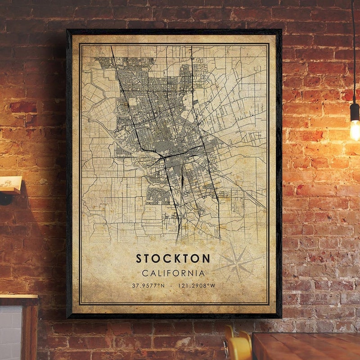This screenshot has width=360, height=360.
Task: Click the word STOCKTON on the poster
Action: click(x=173, y=258)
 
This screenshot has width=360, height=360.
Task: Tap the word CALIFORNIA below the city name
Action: click(x=173, y=273)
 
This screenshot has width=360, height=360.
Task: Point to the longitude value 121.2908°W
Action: click(x=197, y=286)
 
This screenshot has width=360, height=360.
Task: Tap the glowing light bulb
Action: click(x=355, y=130)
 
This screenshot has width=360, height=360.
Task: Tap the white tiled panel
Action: click(x=10, y=333)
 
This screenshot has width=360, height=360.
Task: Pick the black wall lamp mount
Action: click(x=5, y=198)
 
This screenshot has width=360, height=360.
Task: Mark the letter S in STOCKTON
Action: click(x=139, y=258)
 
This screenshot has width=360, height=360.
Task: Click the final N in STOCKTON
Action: click(x=206, y=258)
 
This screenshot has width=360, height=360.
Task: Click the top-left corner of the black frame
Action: click(x=68, y=31)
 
